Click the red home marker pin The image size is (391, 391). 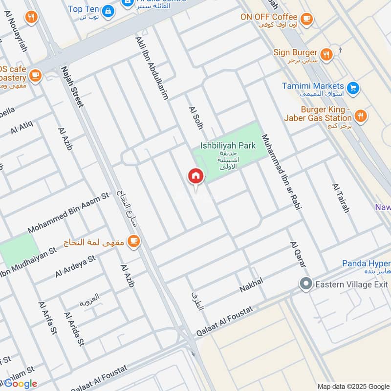pos(195,176)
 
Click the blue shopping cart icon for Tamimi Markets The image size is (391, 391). pos(353,88)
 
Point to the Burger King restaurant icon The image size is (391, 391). pos(361,116)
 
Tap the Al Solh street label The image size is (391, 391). pos(195,120)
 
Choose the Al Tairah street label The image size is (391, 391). pos(341,198)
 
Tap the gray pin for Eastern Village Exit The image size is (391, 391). pos(306,283)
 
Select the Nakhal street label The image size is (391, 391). pos(251,285)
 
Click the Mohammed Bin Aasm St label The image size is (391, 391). pos(68,213)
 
